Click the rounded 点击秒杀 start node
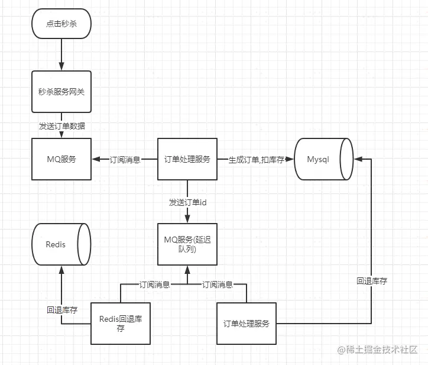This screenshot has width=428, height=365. coord(61,24)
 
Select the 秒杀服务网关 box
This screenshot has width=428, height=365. coord(61,92)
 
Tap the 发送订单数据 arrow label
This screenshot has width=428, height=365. coord(61,125)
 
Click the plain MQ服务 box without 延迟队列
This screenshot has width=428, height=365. coord(61,159)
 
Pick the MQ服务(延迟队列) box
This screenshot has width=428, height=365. coord(187,244)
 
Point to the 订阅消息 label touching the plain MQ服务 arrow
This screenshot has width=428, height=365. coord(125,160)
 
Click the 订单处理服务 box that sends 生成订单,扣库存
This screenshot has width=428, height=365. coord(187,159)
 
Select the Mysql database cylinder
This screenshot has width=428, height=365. coord(323,159)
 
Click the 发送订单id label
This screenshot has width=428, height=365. coord(187,202)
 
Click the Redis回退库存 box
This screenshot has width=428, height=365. coord(120,324)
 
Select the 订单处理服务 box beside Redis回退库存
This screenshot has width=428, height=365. coord(247,324)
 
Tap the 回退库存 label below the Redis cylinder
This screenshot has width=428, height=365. coord(62,309)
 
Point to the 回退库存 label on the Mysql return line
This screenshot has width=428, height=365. coord(372,281)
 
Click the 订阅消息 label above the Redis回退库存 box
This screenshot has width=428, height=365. coord(154,285)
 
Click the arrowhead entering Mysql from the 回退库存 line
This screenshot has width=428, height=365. coord(357,159)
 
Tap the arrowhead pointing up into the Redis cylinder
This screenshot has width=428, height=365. coord(61,269)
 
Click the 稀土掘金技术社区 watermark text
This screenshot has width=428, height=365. coord(378,350)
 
